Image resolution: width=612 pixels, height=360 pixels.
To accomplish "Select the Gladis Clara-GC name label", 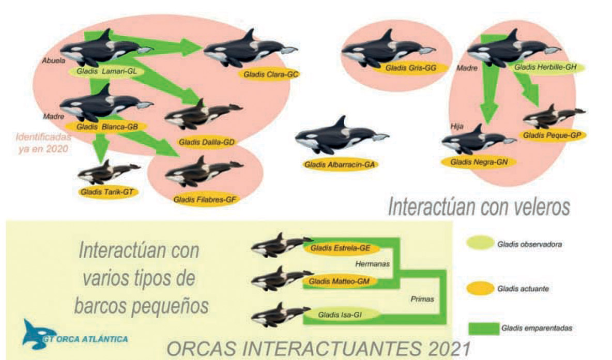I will pos(269,74).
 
